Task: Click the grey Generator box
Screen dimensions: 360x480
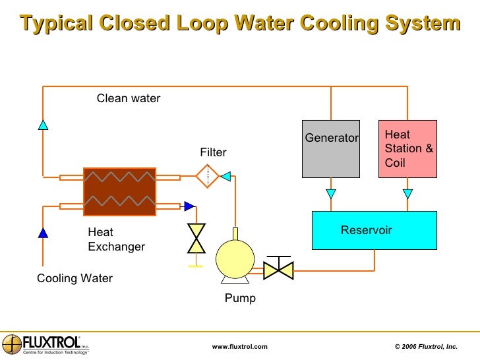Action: point(331,149)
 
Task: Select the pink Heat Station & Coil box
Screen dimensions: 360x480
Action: point(407,149)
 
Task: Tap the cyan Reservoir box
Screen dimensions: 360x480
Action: point(374,230)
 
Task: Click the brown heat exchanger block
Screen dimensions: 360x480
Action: point(119,191)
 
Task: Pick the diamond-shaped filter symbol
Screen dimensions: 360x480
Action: point(207,176)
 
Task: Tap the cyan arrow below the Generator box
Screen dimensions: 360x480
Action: point(331,194)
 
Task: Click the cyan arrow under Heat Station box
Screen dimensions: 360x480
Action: point(407,194)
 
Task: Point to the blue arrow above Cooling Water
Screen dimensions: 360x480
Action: point(43,232)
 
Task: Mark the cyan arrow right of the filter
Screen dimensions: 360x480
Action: point(225,176)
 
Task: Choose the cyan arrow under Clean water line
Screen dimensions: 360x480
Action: point(43,124)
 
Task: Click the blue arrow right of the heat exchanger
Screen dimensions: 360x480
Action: point(189,206)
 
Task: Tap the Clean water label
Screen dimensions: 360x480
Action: point(129,99)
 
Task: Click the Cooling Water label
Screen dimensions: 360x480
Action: point(75,278)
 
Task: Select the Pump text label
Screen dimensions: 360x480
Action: point(240,299)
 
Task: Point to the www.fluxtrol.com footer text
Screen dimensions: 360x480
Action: point(239,347)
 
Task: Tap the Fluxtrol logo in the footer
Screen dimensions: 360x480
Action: point(45,345)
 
